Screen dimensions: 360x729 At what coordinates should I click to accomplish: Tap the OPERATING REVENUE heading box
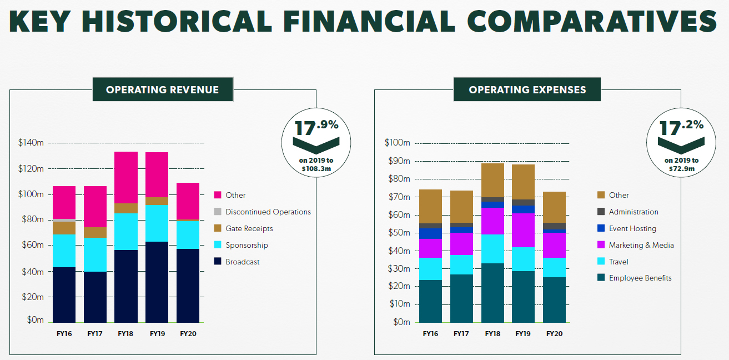click(163, 89)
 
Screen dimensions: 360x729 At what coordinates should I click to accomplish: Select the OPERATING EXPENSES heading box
click(527, 89)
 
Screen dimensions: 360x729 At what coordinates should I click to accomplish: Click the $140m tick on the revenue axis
click(31, 143)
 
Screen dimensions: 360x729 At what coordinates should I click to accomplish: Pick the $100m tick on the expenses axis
click(397, 143)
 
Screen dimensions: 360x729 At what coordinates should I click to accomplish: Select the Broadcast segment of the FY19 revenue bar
click(157, 282)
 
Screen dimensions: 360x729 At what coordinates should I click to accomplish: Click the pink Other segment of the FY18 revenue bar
click(126, 177)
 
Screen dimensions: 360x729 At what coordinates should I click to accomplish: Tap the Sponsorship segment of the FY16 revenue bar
click(64, 251)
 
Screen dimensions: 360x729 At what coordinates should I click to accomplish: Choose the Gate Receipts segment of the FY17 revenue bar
click(95, 232)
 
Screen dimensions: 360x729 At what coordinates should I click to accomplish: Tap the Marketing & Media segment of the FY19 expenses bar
click(523, 230)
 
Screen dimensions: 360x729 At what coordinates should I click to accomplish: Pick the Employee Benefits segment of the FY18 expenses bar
click(492, 293)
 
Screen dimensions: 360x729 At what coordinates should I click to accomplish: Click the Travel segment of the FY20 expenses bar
click(554, 267)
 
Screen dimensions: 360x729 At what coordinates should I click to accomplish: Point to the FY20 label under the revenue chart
click(188, 334)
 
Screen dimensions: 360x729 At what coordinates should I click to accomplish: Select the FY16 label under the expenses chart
click(431, 334)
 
